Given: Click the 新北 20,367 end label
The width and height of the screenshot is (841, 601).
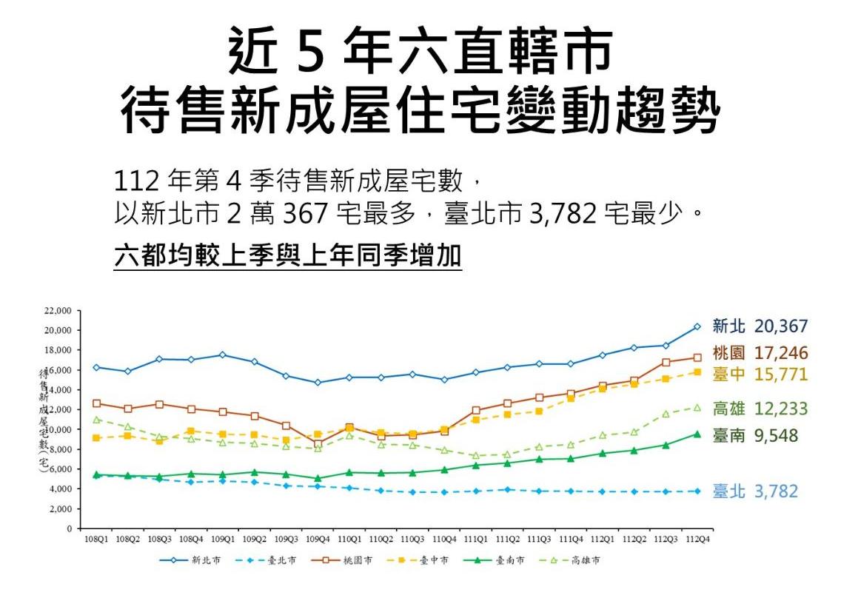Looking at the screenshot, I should coord(760,326).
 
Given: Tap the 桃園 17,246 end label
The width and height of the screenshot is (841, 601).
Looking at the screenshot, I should coord(760,353).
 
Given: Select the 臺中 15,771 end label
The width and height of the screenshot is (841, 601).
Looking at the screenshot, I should coord(760,375).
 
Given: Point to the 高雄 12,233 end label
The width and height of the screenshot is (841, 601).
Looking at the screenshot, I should coord(760,409).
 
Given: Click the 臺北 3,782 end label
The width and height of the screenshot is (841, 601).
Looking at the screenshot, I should coord(755,491).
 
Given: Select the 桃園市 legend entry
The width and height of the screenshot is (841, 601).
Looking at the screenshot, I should coord(344,561).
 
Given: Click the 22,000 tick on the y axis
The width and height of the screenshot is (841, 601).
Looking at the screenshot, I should coord(58,310).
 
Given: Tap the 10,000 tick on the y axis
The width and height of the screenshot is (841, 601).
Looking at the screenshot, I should coord(58,429).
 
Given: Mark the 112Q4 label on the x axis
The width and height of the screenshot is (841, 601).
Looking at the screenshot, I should coord(697,539).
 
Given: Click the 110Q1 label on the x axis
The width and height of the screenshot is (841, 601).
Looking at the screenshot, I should coord(349,539).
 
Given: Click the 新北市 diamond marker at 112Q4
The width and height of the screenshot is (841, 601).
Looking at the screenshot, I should coord(697,326).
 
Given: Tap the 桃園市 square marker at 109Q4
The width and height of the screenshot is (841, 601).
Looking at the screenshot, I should coord(318,444).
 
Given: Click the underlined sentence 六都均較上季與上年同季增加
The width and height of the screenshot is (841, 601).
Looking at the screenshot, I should coord(288,256).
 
